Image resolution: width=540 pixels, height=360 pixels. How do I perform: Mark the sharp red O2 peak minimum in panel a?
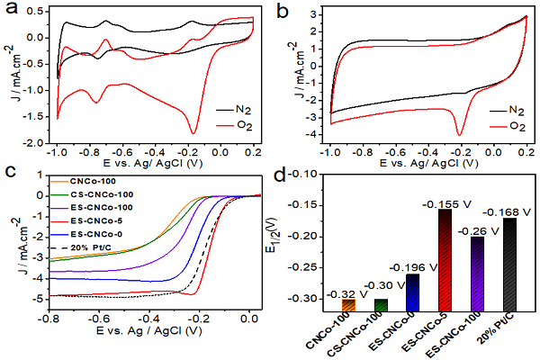(x=193, y=132)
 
